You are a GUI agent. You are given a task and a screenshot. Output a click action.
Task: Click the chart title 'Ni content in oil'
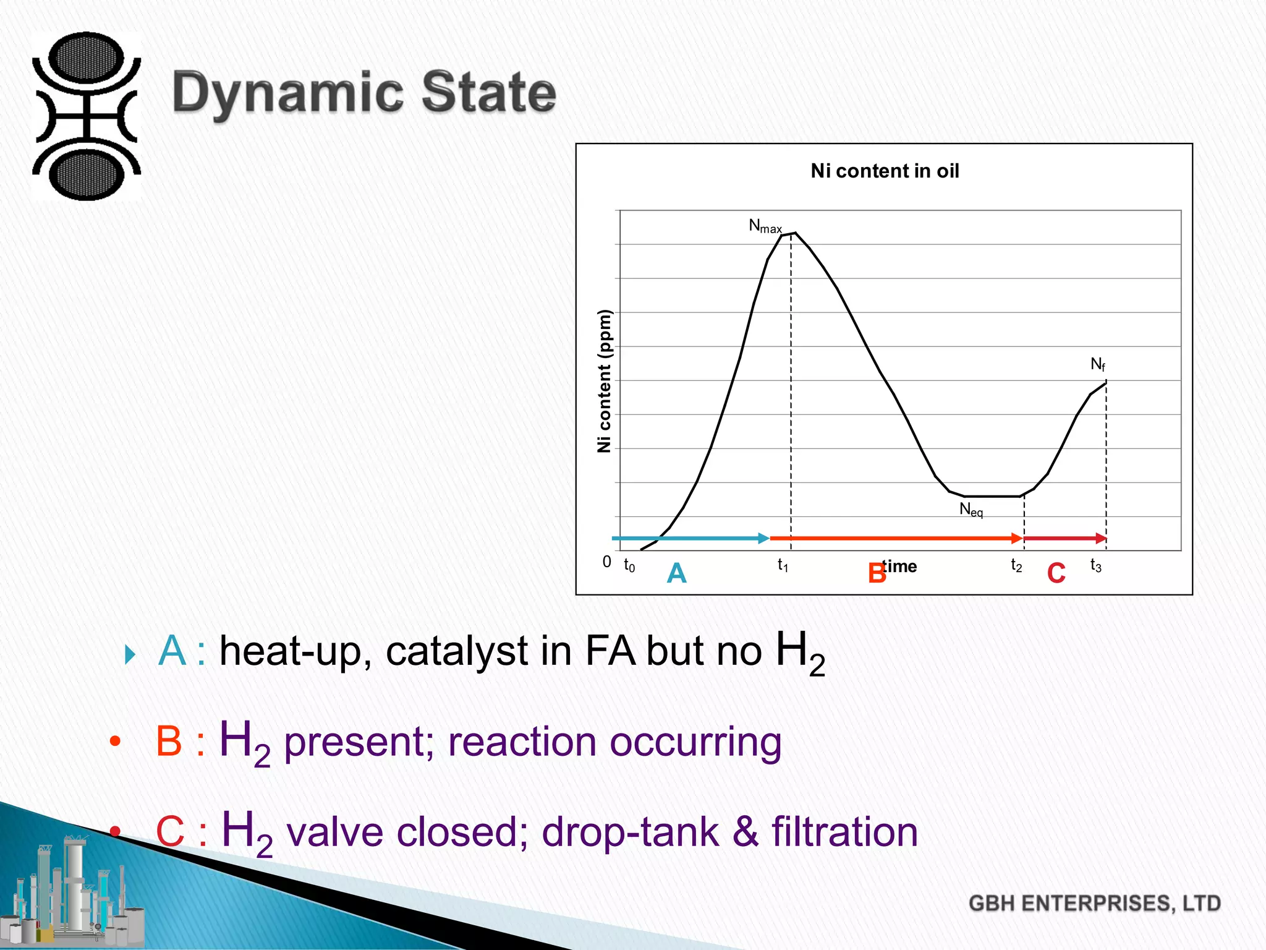[x=885, y=171]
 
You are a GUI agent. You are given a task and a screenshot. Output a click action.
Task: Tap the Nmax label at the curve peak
[x=765, y=226]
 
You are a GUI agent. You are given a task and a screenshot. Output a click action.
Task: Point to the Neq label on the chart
[x=971, y=510]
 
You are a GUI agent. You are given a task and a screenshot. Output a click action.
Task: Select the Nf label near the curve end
[x=1097, y=364]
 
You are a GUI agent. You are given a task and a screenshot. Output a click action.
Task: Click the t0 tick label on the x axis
[x=629, y=565]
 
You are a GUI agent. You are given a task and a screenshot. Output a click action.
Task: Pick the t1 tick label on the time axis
[x=783, y=565]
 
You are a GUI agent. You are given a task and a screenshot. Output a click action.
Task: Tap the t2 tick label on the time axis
[x=1016, y=565]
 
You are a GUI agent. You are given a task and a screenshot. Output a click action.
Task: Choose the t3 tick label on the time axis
[x=1095, y=565]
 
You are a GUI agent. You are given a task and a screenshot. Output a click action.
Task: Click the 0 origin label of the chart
[x=607, y=562]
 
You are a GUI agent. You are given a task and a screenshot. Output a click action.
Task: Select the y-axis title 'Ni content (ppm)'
[x=604, y=381]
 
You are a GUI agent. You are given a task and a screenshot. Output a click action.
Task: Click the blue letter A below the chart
[x=677, y=573]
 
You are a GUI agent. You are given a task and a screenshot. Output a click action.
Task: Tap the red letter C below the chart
[x=1056, y=573]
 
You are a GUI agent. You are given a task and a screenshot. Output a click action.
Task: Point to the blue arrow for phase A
[x=690, y=539]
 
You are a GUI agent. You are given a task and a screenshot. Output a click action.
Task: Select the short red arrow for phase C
[x=1064, y=539]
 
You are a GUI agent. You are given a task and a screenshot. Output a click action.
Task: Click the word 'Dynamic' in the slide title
[x=288, y=93]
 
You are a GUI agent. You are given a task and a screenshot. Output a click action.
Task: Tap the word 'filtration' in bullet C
[x=844, y=832]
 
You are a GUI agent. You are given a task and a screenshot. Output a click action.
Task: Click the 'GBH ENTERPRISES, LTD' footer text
[x=1094, y=904]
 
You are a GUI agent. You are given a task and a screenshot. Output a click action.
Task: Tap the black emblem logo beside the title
[x=87, y=116]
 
